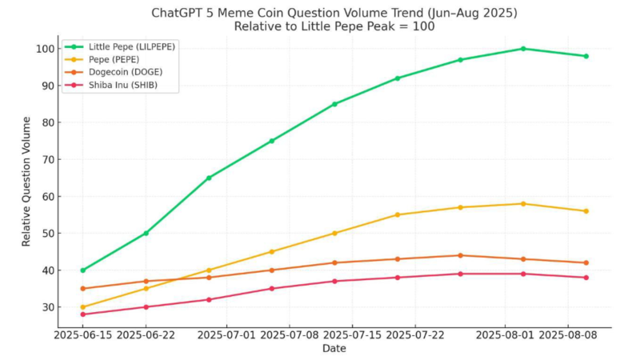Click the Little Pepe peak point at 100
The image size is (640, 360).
pos(523,49)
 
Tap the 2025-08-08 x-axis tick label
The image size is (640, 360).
pos(569,336)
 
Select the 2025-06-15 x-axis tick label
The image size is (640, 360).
pos(83,336)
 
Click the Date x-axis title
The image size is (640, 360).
pos(334,349)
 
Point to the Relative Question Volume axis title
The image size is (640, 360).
pos(26,181)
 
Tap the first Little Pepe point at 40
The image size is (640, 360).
pos(83,270)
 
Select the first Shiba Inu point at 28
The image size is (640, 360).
pos(83,314)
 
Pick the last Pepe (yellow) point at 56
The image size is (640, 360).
pos(586,211)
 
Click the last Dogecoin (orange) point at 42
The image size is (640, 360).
pos(586,262)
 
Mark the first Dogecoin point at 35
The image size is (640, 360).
pos(83,289)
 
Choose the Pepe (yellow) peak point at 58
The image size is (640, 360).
pos(523,204)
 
